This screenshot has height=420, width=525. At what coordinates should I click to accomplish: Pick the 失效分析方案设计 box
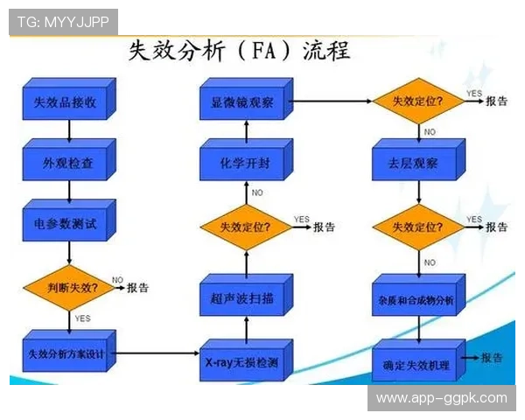point(66,353)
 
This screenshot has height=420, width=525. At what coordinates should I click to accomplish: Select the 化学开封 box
point(243,163)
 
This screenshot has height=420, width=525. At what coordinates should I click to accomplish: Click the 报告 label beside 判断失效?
point(137,287)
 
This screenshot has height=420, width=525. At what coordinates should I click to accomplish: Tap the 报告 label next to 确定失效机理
point(491,357)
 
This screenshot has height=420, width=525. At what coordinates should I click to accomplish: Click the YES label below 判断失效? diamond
point(83,318)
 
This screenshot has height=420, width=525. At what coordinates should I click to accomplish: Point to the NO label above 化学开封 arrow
point(257,192)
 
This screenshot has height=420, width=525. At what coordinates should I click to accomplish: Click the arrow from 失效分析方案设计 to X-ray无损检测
point(157,353)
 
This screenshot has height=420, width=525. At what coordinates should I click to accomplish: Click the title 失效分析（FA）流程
point(239,50)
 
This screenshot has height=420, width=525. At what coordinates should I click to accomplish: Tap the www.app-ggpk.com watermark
point(441,398)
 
